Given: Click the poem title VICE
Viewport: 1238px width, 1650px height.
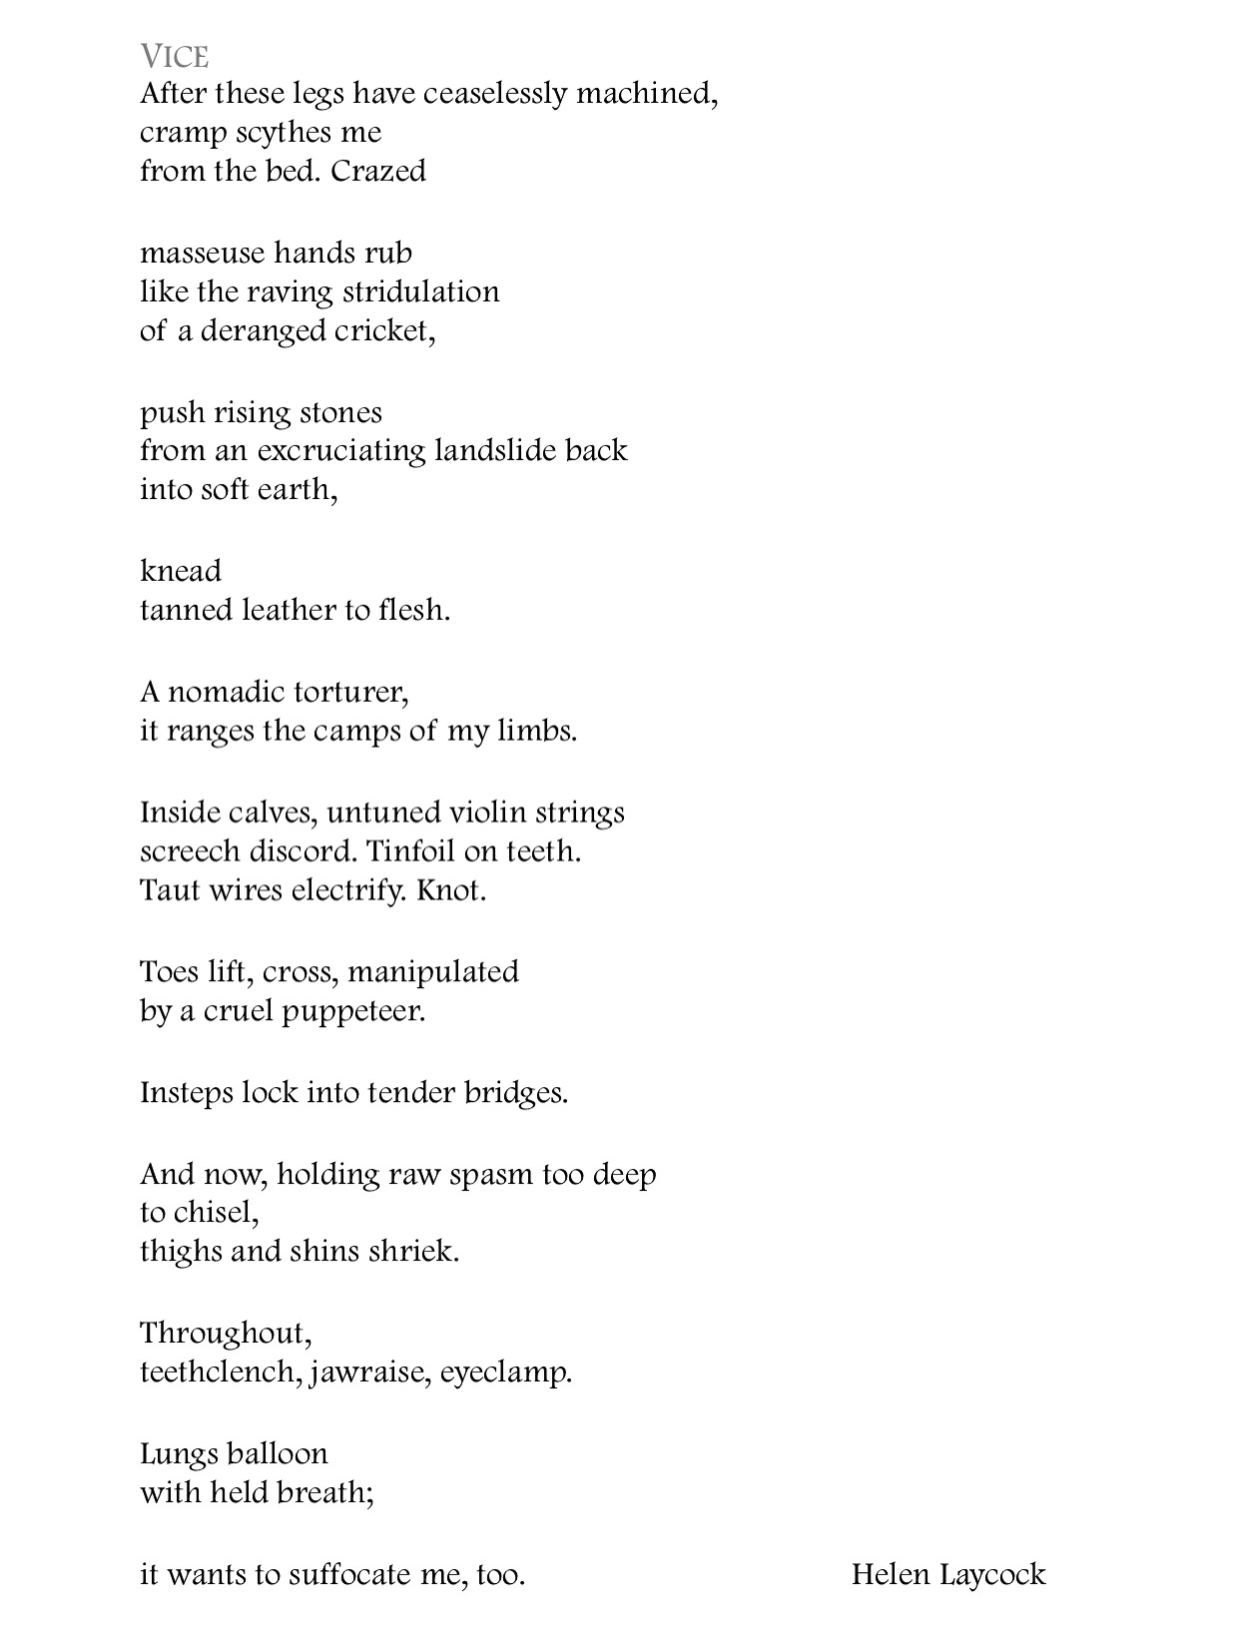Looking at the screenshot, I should pyautogui.click(x=174, y=56).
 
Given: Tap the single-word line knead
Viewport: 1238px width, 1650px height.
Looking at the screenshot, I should pyautogui.click(x=180, y=571).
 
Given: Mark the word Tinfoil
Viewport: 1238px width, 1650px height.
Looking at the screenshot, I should pyautogui.click(x=410, y=851).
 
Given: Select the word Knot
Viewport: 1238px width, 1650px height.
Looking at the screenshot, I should pyautogui.click(x=450, y=890).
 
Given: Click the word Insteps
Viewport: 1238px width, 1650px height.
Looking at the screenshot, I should pyautogui.click(x=187, y=1093).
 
